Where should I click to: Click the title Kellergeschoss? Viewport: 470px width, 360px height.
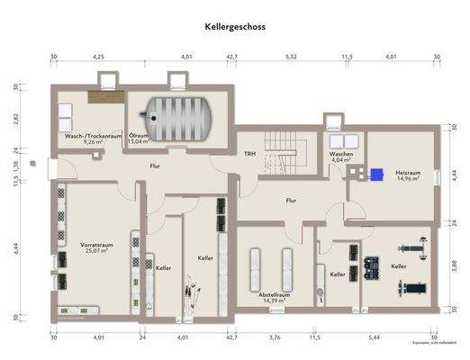coord(235,27)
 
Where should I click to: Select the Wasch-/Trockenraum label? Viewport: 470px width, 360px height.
coord(91,137)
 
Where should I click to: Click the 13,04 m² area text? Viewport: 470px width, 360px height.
coord(140,141)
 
